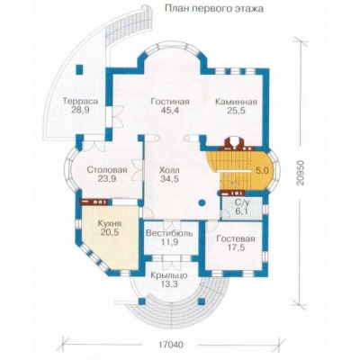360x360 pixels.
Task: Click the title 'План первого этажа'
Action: [214, 9]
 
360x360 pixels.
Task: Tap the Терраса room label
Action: [80, 101]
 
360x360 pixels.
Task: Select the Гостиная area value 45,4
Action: [169, 111]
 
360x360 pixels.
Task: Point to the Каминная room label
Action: [236, 102]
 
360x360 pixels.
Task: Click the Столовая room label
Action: [107, 170]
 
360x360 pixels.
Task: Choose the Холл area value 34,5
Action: [169, 179]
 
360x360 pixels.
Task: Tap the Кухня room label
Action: [110, 223]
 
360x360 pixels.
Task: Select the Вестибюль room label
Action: [169, 233]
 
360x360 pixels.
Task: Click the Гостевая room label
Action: [236, 238]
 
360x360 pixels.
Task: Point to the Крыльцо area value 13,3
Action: [169, 284]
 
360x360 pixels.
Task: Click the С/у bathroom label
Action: [240, 203]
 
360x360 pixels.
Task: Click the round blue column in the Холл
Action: [202, 202]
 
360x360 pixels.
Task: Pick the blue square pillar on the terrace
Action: [79, 69]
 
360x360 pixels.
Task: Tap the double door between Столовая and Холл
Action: [138, 170]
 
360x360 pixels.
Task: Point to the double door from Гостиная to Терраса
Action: [115, 116]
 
